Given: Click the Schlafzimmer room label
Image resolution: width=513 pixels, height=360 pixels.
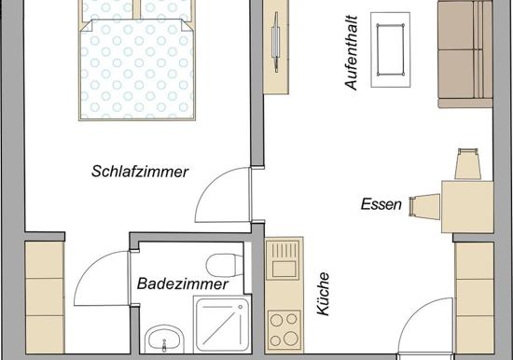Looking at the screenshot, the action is coord(140,172).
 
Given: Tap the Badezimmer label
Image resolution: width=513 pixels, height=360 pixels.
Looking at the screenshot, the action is coord(182,284).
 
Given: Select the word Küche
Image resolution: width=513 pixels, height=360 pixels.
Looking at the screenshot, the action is coord(324,294).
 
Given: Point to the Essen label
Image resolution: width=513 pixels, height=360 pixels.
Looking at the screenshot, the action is coord(381,204).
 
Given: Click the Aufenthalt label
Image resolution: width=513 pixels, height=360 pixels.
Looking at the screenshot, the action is coord(352,52).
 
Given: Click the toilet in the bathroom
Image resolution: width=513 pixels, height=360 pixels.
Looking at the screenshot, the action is coord(225,265).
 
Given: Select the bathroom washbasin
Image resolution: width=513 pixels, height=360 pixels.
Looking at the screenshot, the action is coord(164,339).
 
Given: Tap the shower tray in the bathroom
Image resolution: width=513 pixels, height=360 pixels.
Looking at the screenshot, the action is coord(222,325).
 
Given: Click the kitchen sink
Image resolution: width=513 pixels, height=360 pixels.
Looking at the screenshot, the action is coord(284,259).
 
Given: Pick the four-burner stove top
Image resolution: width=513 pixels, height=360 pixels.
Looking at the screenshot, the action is coord(284,330).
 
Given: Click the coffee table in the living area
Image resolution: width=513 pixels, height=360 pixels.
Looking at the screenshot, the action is coord(390,49).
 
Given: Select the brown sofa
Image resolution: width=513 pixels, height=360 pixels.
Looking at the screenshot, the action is coord(465,54).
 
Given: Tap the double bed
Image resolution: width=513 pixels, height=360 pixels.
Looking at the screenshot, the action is coord(137,61).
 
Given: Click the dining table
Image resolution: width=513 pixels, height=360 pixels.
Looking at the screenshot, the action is coord(467,206).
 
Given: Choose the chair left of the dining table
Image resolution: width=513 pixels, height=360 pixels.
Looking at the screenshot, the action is coord(424,206).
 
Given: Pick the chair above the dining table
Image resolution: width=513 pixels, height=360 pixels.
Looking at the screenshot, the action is coord(468,164).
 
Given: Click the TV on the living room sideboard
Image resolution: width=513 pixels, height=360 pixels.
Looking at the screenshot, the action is coord(276,42).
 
